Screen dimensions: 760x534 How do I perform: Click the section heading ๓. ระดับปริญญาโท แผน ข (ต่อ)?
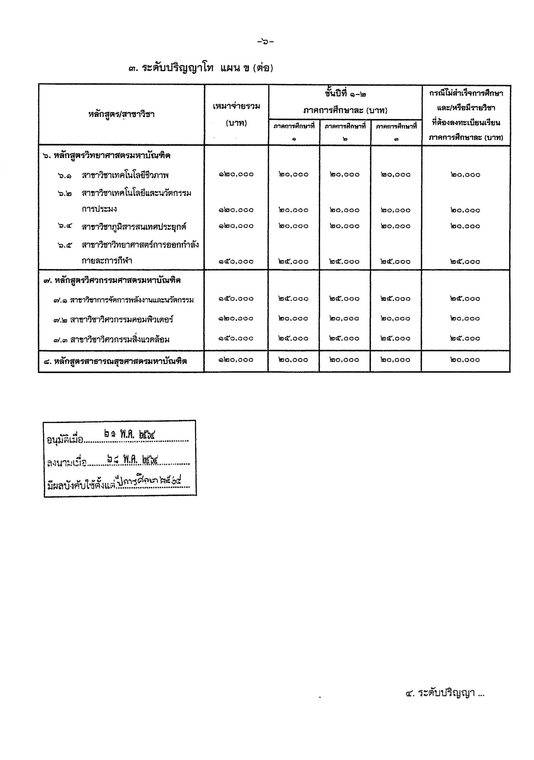tap(201, 69)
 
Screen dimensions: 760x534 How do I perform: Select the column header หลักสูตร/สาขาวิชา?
tap(121, 115)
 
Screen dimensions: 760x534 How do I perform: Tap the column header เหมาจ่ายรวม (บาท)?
tap(236, 115)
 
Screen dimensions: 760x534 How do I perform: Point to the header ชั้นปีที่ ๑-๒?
tap(345, 94)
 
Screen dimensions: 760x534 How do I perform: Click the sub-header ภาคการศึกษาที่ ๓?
tap(396, 132)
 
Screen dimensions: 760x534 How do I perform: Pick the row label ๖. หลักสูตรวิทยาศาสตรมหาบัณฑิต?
tap(107, 155)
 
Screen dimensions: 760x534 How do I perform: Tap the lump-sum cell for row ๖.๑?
tap(236, 174)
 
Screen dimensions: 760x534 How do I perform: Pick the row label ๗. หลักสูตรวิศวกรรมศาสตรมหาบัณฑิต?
tap(112, 281)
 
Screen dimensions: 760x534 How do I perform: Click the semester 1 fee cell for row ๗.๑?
tap(294, 298)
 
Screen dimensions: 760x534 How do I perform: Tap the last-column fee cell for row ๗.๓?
tap(465, 338)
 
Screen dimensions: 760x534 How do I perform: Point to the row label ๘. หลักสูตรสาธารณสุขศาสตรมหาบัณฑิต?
tap(115, 361)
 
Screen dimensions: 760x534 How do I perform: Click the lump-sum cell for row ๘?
tap(236, 360)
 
